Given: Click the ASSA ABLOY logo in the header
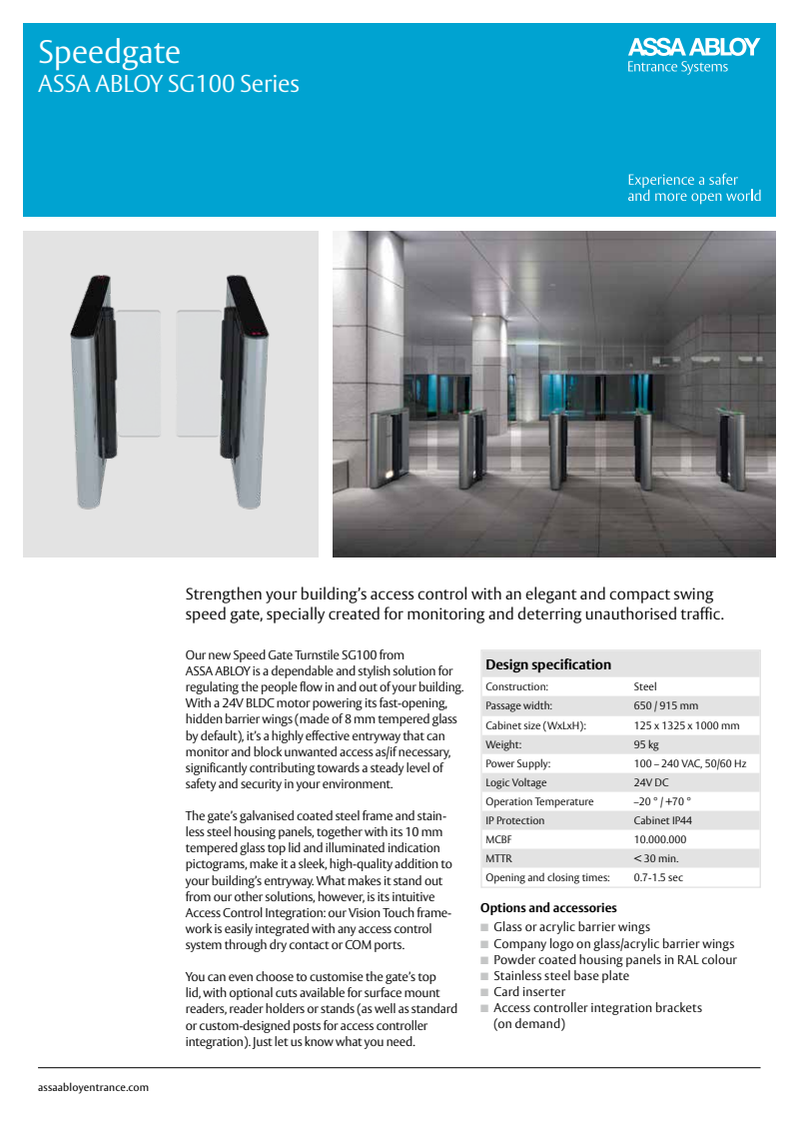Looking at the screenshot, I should coord(692,48).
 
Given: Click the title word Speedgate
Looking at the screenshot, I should coord(109,52).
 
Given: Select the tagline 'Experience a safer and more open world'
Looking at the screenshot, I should coord(693,188).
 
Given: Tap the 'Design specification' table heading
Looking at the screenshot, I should coord(548,664).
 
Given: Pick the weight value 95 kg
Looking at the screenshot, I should coord(646,744).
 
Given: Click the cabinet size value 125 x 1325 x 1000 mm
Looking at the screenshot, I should coord(686,725).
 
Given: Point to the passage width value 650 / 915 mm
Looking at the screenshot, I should coord(665,706).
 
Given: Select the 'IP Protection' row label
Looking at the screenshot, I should coord(514,820).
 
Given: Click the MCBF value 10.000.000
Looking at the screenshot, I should coord(659,839).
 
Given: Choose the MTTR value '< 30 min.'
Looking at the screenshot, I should coord(656,858).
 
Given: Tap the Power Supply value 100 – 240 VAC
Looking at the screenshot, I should coord(689,763).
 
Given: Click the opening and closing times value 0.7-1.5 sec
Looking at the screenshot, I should coord(658,877).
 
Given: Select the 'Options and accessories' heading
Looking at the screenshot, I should coord(548,908).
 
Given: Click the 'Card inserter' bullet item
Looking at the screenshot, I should coord(529,992).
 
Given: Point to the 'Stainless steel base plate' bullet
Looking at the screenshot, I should coord(561,976).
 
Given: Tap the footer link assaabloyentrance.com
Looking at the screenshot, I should coord(93,1087).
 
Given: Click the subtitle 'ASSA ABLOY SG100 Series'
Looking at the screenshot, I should coord(168,84).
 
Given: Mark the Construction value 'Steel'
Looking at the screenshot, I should coord(645,687).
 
